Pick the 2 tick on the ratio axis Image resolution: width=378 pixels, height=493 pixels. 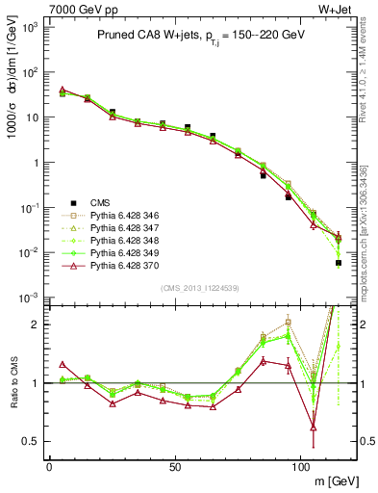33,324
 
